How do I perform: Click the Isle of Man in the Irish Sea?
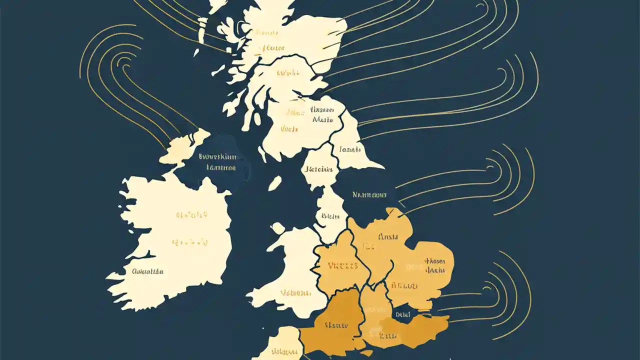point(274,183)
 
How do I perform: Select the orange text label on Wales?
point(293,293)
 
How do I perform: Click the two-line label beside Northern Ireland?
point(217,162)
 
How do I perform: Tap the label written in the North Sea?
point(369,195)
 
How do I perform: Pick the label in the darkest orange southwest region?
point(336,325)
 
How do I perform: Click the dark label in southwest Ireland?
point(147,271)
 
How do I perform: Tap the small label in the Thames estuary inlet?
point(402,314)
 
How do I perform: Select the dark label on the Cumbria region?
point(319,169)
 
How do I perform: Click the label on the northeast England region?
point(349,149)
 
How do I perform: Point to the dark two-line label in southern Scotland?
point(322,114)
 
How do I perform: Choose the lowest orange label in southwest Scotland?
point(289,129)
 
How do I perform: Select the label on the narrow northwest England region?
point(330,216)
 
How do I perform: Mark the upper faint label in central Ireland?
point(191,215)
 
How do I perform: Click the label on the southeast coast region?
point(389,335)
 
